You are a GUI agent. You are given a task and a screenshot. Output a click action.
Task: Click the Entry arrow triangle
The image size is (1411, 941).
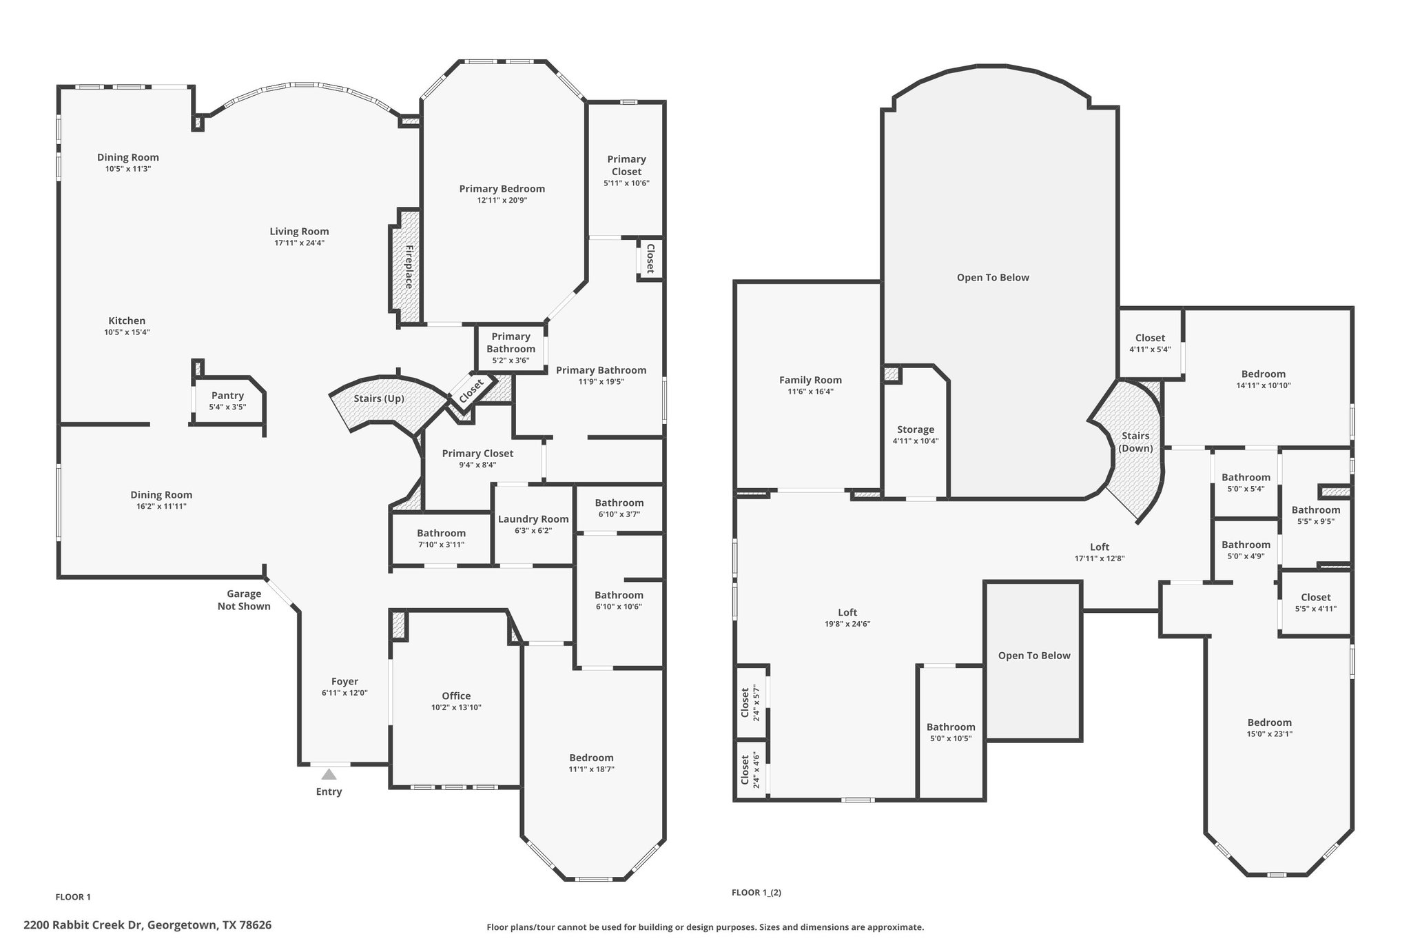329,774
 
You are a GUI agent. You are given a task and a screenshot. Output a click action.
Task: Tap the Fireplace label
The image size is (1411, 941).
409,266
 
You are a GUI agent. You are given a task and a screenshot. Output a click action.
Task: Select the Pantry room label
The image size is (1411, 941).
227,396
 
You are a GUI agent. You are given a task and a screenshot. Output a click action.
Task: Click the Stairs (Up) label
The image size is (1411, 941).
379,398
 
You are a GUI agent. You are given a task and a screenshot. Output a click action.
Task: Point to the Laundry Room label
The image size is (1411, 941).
533,519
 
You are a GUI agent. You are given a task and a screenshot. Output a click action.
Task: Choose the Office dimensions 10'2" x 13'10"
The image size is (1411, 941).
456,707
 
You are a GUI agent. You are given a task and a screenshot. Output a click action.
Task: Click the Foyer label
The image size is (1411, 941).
344,682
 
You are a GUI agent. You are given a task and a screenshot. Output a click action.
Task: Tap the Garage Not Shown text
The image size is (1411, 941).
244,600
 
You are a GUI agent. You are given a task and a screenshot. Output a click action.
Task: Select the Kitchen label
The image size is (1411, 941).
127,321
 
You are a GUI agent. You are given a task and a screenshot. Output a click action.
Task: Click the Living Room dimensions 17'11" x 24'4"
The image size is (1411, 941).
299,243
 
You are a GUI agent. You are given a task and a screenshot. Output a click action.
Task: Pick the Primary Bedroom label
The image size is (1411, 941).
502,189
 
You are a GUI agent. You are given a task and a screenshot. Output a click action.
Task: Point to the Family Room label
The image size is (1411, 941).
810,380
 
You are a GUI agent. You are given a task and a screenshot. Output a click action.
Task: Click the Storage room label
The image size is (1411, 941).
916,429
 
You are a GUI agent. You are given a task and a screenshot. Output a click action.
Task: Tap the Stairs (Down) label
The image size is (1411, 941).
1135,442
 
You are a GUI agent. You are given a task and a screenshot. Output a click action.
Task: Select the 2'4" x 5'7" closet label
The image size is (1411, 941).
750,702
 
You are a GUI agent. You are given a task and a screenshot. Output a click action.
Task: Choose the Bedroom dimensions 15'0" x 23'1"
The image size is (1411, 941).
1270,734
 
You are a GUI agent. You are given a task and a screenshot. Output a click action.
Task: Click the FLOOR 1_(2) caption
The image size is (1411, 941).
756,892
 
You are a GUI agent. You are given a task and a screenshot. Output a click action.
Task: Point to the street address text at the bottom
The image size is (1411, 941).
147,925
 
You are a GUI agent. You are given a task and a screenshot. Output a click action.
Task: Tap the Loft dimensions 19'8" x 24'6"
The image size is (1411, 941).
847,624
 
